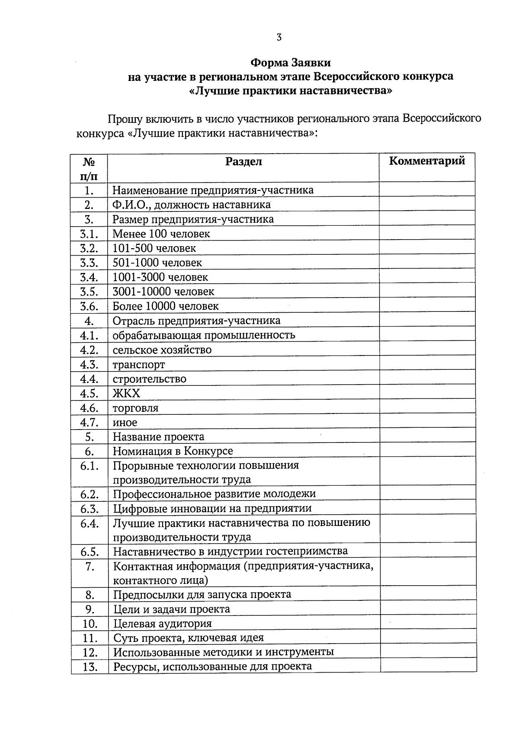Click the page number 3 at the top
279,38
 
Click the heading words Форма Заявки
290,63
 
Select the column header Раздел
243,162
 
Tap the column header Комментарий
427,161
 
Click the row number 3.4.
89,277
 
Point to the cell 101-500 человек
154,248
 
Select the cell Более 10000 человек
166,306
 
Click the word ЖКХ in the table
126,393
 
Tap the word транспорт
139,365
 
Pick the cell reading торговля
135,408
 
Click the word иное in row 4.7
125,423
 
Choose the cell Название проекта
158,437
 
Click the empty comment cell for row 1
427,190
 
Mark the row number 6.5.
89,552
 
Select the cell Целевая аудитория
162,624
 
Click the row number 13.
89,667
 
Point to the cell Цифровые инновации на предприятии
212,508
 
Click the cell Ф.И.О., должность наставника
192,205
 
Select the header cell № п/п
89,168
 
